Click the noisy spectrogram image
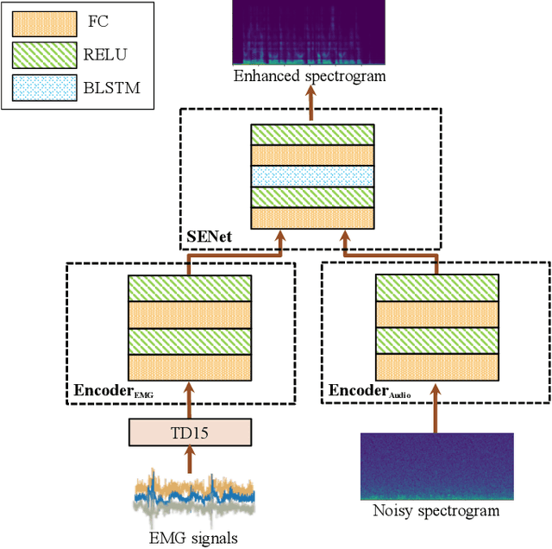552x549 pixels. (437, 466)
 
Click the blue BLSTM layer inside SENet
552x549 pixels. (312, 176)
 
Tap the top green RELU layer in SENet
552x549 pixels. (312, 135)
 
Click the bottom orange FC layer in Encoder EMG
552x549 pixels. (190, 369)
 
